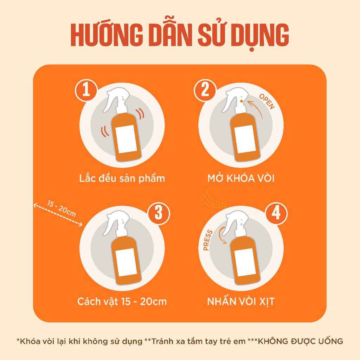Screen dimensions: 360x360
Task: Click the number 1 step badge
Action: (86, 90)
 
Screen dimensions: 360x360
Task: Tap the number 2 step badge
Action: (205, 90)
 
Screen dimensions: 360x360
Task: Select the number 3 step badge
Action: (159, 213)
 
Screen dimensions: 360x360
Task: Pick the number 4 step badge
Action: (276, 213)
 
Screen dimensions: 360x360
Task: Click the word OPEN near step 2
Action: (267, 102)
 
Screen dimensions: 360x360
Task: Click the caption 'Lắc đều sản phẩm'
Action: (122, 178)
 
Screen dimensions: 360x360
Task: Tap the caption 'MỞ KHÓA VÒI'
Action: (241, 178)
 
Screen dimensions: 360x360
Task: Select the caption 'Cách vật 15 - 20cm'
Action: (122, 301)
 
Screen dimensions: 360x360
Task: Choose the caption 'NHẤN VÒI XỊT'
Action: (241, 301)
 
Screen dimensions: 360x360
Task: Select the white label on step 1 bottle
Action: (127, 139)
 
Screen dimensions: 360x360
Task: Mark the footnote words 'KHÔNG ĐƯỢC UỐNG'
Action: (300, 341)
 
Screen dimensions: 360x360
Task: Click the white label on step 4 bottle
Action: (245, 262)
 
